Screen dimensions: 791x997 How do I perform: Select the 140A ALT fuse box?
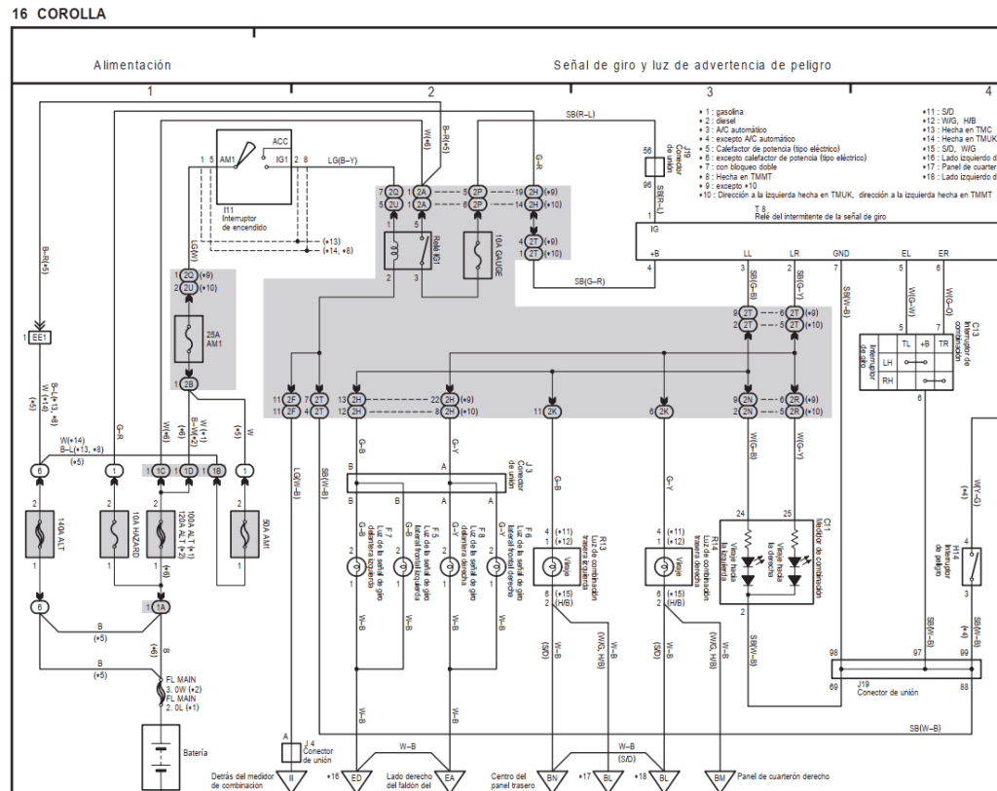[39, 533]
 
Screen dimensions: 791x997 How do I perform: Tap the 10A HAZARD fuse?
[115, 533]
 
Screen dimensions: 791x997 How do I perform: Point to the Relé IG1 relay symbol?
[403, 249]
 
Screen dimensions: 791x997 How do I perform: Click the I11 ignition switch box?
[253, 165]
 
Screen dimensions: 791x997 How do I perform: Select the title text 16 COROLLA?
[58, 15]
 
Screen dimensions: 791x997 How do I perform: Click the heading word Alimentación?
[132, 65]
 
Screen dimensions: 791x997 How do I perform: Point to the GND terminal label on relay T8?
[841, 253]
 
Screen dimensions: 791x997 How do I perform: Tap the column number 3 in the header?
[710, 91]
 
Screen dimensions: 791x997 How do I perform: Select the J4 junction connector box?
[290, 752]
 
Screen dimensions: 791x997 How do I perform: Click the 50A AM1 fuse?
[244, 533]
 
